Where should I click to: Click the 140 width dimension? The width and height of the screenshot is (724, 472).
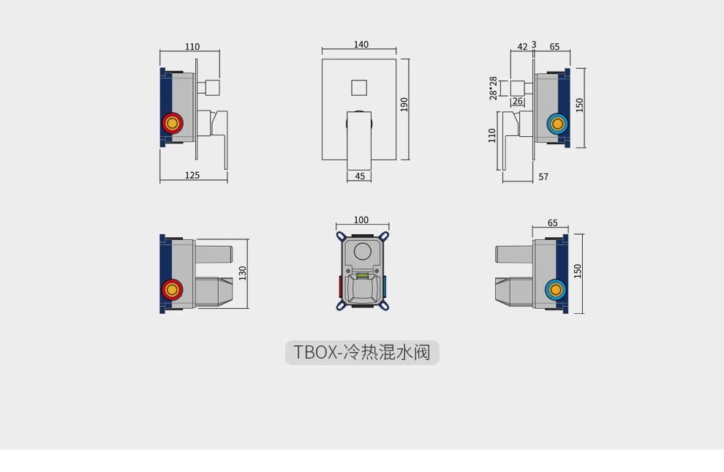pyautogui.click(x=361, y=45)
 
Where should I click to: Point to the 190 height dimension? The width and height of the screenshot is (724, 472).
pyautogui.click(x=404, y=104)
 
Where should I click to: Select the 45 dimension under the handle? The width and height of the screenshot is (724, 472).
pyautogui.click(x=360, y=176)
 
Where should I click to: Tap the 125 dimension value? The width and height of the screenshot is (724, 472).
pyautogui.click(x=192, y=176)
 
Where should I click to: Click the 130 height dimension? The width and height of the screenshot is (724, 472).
pyautogui.click(x=243, y=272)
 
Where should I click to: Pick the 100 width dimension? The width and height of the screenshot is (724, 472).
pyautogui.click(x=361, y=220)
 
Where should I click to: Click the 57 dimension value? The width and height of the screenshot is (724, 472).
pyautogui.click(x=543, y=176)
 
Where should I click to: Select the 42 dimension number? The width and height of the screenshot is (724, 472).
pyautogui.click(x=522, y=47)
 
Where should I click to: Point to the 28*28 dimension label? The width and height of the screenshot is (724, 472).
pyautogui.click(x=494, y=87)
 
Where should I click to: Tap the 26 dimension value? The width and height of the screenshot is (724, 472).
pyautogui.click(x=518, y=102)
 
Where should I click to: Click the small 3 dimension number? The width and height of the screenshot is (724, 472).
pyautogui.click(x=534, y=45)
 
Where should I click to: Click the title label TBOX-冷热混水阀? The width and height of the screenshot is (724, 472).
pyautogui.click(x=362, y=352)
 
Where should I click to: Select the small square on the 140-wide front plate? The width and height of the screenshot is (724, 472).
pyautogui.click(x=358, y=87)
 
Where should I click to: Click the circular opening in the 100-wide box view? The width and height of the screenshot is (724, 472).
pyautogui.click(x=362, y=252)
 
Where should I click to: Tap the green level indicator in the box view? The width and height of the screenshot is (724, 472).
pyautogui.click(x=363, y=276)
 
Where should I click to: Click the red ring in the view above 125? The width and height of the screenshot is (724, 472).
pyautogui.click(x=172, y=123)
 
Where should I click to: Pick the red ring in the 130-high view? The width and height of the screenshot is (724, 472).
pyautogui.click(x=172, y=291)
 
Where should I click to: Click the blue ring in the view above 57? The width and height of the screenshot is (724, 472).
pyautogui.click(x=557, y=123)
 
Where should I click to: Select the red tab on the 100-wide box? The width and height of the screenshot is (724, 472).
pyautogui.click(x=340, y=287)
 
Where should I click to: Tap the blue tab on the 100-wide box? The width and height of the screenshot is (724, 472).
pyautogui.click(x=385, y=287)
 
